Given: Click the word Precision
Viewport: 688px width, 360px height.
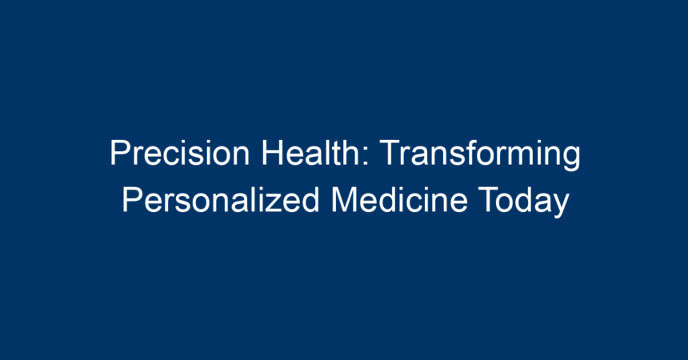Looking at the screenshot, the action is (x=180, y=153).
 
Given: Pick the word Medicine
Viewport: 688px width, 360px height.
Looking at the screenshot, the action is (x=400, y=199).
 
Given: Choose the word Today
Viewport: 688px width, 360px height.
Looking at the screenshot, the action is (x=523, y=202).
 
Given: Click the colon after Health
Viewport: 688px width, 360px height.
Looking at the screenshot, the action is (x=366, y=157).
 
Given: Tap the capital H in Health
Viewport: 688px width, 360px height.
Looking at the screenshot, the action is (x=272, y=153).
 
